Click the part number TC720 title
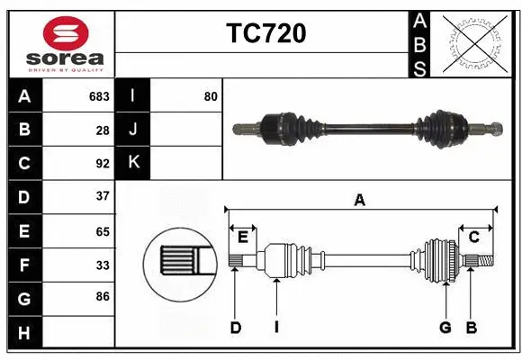265,33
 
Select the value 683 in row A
99,96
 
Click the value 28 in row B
103,130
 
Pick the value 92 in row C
103,164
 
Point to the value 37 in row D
103,196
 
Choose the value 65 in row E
103,230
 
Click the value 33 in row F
103,265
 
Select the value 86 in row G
103,296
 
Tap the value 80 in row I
211,96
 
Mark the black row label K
133,163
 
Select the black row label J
133,130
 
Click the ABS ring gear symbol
472,43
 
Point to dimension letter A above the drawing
360,201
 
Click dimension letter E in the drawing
242,237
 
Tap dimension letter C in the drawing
473,237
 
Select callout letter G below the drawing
445,328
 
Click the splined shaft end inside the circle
178,262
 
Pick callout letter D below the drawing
236,328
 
